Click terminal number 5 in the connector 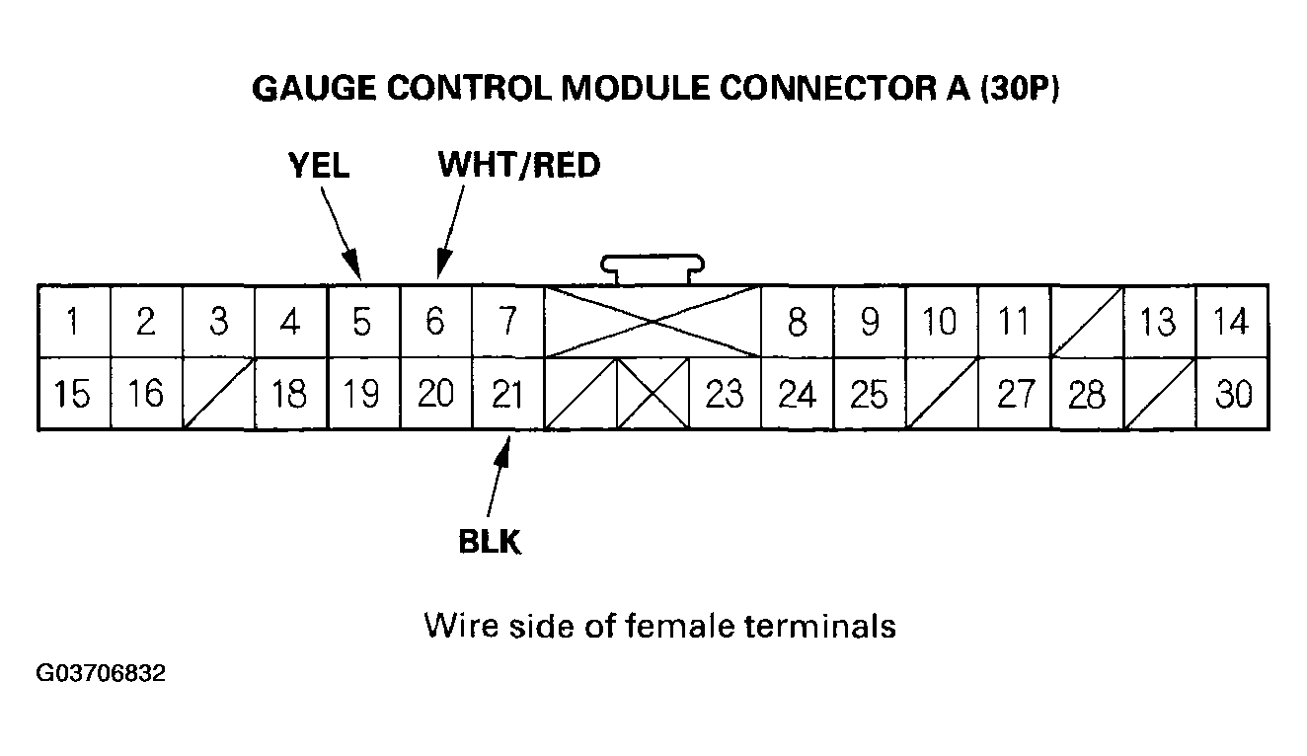[x=362, y=322]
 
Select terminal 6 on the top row [x=435, y=322]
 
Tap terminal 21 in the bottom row [x=507, y=394]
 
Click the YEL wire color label [x=318, y=166]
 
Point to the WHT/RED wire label [x=519, y=166]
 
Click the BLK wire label [x=490, y=542]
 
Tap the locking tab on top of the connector [x=652, y=266]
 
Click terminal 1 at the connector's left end [x=74, y=322]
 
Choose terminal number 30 [x=1233, y=394]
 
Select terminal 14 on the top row [x=1231, y=322]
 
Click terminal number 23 [x=725, y=394]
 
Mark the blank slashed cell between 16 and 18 [x=218, y=394]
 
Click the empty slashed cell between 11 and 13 [x=1087, y=322]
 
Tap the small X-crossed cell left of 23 [x=653, y=394]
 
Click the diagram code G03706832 [x=101, y=675]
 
